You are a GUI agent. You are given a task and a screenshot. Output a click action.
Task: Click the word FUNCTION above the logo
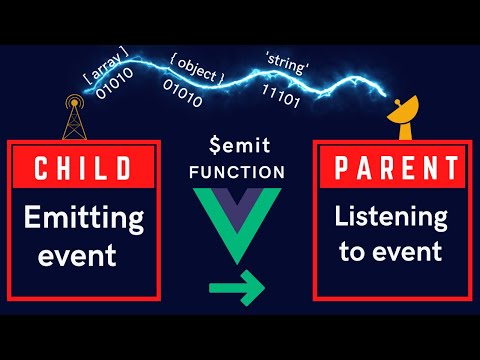[x=239, y=171]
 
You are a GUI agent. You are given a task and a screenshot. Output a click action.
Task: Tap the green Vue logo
[x=239, y=221]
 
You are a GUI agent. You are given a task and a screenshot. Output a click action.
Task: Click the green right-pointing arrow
[x=236, y=291]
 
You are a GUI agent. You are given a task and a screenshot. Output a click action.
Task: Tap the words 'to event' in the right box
[x=388, y=252]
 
